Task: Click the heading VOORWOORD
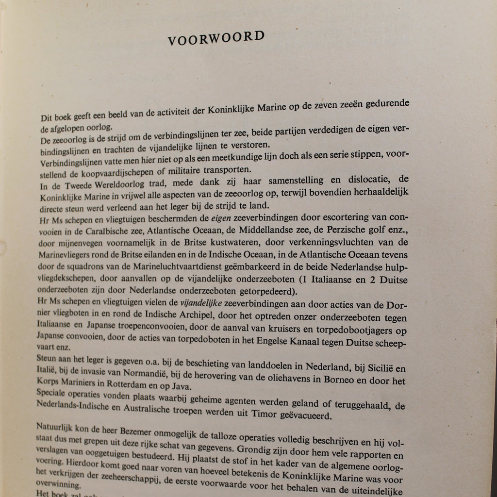point(217,38)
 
